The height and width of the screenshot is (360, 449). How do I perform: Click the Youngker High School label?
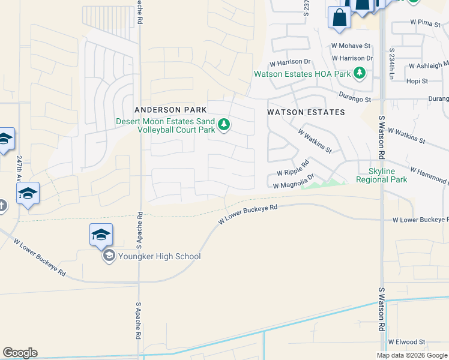(159, 257)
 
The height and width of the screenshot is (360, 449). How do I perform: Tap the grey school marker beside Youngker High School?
(109, 257)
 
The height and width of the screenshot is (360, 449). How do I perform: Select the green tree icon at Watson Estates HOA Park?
(360, 74)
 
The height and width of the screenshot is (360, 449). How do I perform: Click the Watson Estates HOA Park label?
(302, 74)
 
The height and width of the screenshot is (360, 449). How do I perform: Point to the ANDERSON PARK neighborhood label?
(170, 110)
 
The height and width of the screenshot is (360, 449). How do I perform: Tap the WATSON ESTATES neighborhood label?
(306, 112)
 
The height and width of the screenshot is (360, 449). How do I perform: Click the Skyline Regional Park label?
(381, 175)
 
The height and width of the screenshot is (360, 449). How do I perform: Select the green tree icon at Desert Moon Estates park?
(224, 125)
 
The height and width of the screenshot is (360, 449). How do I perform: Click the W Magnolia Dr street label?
(294, 183)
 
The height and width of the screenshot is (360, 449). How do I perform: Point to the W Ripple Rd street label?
(293, 168)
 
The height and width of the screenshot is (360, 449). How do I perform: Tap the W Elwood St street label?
(406, 342)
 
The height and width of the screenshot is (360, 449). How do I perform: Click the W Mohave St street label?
(351, 46)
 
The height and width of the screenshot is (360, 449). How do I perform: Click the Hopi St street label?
(417, 81)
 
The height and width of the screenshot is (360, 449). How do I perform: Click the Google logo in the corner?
(20, 353)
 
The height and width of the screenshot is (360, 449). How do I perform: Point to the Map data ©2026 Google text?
(412, 355)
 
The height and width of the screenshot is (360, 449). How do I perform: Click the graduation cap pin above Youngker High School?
(101, 235)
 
